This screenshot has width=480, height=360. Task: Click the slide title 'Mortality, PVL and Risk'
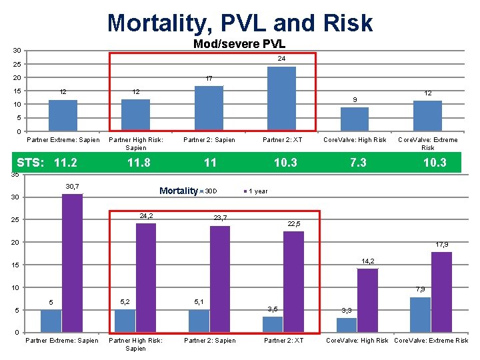point(240,23)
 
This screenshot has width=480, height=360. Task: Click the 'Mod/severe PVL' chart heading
point(239,44)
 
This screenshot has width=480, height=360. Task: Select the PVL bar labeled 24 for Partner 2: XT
point(281,99)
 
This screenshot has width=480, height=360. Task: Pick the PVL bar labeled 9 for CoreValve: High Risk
point(355,119)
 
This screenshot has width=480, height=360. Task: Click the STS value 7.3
point(358,163)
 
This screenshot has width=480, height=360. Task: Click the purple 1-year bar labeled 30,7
point(72,263)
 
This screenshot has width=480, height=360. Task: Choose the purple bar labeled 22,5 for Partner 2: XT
point(293,281)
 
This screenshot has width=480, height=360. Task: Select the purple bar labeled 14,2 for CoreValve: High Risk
point(367,300)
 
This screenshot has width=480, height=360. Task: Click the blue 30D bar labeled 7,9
point(420,315)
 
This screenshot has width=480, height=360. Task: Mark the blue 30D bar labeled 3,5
point(273,324)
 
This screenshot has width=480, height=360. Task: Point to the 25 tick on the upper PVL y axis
point(17,65)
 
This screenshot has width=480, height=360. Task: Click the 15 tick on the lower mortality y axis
point(17,265)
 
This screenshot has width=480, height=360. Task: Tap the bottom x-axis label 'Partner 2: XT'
point(283,341)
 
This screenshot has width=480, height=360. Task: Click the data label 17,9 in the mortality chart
point(441,245)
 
